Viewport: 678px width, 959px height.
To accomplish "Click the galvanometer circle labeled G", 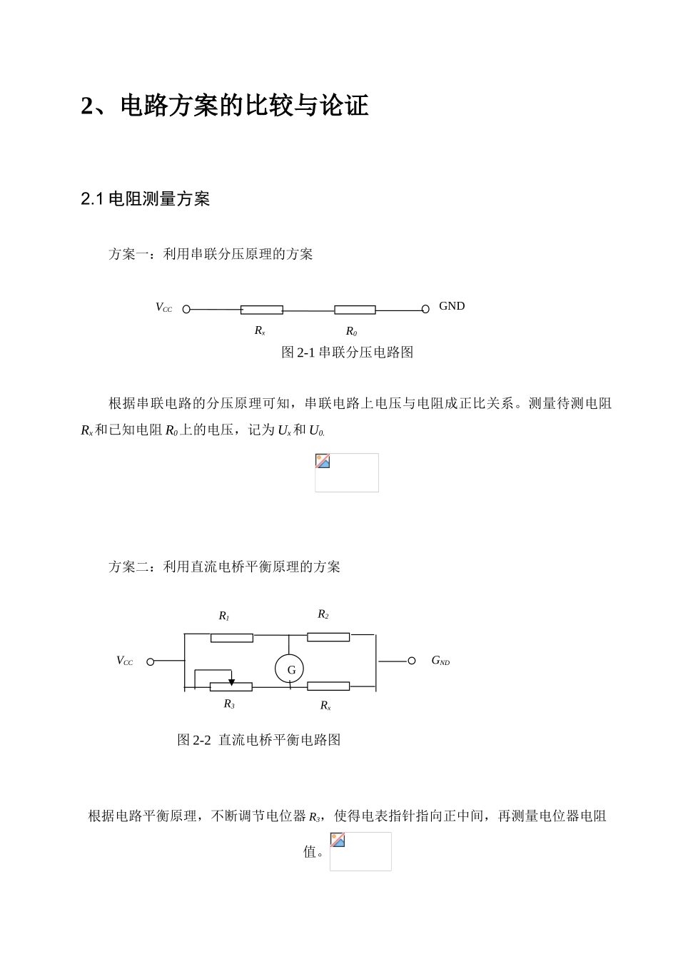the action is pyautogui.click(x=290, y=669).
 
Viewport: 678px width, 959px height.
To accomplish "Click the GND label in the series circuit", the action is pyautogui.click(x=451, y=306).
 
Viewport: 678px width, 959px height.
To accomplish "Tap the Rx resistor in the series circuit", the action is pyautogui.click(x=261, y=310).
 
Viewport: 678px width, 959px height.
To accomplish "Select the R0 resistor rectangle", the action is pyautogui.click(x=355, y=310).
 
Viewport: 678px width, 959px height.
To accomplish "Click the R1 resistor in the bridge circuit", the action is pyautogui.click(x=231, y=637).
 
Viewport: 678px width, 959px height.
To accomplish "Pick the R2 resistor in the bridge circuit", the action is pyautogui.click(x=328, y=636).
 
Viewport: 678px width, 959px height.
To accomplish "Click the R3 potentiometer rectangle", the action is pyautogui.click(x=231, y=687).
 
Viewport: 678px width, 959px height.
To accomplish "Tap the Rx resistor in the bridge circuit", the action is pyautogui.click(x=328, y=686).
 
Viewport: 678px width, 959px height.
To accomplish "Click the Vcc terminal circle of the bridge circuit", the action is pyautogui.click(x=151, y=661).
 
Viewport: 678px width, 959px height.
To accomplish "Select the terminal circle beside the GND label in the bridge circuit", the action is pyautogui.click(x=412, y=661).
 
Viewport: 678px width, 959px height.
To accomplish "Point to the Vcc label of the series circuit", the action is pyautogui.click(x=163, y=308).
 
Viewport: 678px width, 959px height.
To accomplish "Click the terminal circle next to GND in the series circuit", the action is pyautogui.click(x=425, y=309).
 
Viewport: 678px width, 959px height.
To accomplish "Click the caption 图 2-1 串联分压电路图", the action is pyautogui.click(x=348, y=352).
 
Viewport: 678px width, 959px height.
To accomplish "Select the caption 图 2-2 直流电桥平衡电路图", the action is pyautogui.click(x=258, y=740).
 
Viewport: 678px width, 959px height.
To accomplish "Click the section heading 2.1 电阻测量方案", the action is pyautogui.click(x=146, y=200).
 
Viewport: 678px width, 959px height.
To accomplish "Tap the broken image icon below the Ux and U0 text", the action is pyautogui.click(x=323, y=461).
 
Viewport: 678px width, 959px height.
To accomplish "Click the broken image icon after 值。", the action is pyautogui.click(x=338, y=840).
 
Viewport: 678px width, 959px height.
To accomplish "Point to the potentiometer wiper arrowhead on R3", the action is pyautogui.click(x=231, y=682).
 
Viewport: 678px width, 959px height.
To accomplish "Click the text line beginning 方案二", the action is pyautogui.click(x=224, y=567).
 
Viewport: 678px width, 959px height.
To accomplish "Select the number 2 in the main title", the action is pyautogui.click(x=88, y=106).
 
